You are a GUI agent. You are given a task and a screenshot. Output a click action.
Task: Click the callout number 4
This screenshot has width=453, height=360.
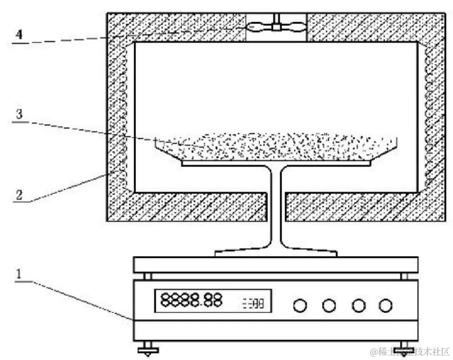pyautogui.click(x=19, y=35)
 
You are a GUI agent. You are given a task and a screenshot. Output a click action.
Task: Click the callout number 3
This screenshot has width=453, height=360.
pyautogui.click(x=19, y=114)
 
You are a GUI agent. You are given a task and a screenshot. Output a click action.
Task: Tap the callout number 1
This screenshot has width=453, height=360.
pyautogui.click(x=18, y=274)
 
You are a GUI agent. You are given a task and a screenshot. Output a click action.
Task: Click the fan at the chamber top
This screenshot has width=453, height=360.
pyautogui.click(x=275, y=26)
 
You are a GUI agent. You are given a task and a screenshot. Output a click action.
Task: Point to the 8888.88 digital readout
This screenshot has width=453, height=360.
pyautogui.click(x=191, y=301)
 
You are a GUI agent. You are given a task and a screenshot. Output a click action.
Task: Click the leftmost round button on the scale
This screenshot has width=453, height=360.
pyautogui.click(x=300, y=305)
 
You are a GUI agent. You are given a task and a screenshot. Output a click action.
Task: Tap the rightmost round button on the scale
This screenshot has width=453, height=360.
pyautogui.click(x=384, y=305)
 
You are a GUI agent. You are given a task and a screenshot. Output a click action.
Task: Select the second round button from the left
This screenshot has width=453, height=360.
pyautogui.click(x=328, y=305)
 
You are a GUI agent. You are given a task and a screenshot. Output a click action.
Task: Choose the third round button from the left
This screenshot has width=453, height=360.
pyautogui.click(x=356, y=305)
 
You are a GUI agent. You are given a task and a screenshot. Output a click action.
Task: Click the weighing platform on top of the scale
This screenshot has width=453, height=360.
pyautogui.click(x=275, y=264)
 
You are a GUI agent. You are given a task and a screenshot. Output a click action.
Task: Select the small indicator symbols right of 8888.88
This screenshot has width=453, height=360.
pyautogui.click(x=254, y=303)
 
